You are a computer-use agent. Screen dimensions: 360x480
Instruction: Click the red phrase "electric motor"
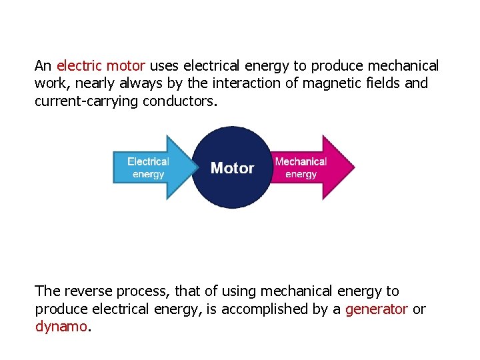[101, 66]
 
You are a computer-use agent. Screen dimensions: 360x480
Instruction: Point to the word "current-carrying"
[87, 102]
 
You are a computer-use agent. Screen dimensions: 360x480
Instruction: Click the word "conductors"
[179, 102]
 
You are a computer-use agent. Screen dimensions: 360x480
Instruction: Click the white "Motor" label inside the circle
[232, 168]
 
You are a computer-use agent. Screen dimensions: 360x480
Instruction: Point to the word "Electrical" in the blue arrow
[148, 161]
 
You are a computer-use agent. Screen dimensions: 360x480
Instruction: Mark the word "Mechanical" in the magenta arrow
[301, 161]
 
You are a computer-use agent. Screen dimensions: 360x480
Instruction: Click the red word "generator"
[376, 309]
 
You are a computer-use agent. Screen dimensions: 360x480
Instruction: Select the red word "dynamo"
[61, 327]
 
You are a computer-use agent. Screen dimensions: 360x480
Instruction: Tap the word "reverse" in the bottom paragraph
[87, 291]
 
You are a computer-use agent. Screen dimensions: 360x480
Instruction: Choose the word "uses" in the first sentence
[164, 66]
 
